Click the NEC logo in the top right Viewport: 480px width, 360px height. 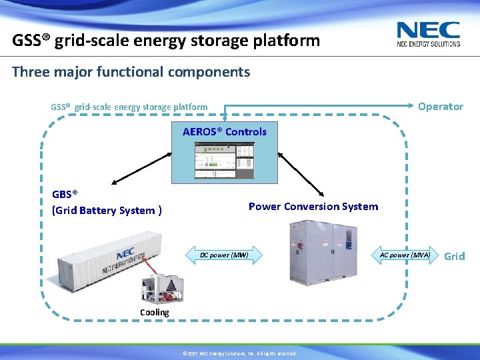[x=428, y=34]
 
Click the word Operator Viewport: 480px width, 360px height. [x=440, y=107]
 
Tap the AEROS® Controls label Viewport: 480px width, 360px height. [x=224, y=131]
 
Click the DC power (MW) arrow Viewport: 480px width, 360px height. [x=224, y=255]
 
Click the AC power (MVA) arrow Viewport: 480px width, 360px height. [x=405, y=255]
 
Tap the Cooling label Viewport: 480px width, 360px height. [x=154, y=312]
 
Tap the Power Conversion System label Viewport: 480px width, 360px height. [x=313, y=207]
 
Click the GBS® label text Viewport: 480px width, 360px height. [x=65, y=195]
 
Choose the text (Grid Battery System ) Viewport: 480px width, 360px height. [x=107, y=211]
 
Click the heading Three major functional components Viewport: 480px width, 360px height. [x=131, y=71]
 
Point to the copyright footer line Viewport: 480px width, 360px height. [x=239, y=352]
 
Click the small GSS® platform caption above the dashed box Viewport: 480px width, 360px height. [x=129, y=107]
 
